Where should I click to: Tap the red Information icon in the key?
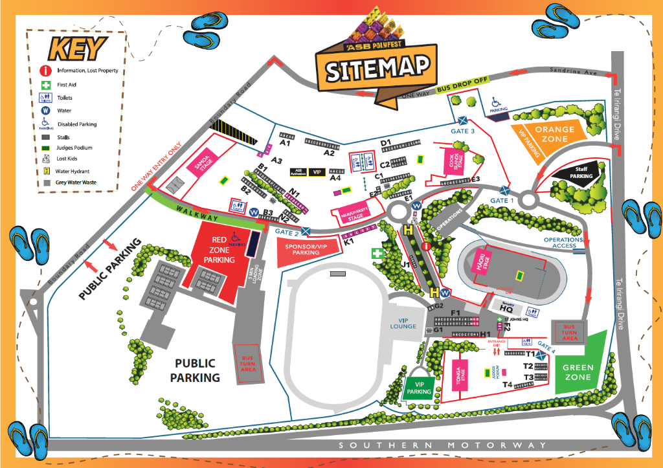pyautogui.click(x=46, y=71)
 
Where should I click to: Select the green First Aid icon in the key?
pyautogui.click(x=46, y=85)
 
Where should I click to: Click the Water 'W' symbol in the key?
pyautogui.click(x=46, y=110)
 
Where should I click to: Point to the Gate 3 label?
pyautogui.click(x=463, y=131)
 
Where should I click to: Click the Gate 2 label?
pyautogui.click(x=287, y=232)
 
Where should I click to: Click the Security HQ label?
pyautogui.click(x=506, y=307)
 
